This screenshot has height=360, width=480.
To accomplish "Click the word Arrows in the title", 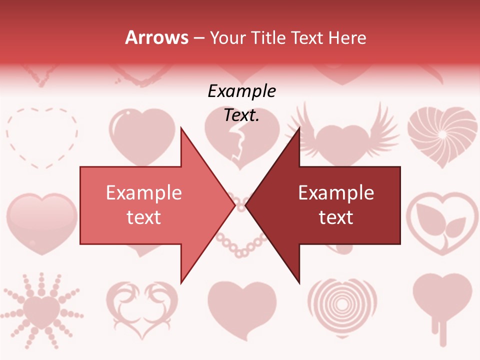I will (x=157, y=37).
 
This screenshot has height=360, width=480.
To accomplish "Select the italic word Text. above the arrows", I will (x=241, y=115).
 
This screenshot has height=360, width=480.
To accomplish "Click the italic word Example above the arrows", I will (x=242, y=91).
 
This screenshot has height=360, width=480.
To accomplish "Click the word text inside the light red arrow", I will (x=143, y=217).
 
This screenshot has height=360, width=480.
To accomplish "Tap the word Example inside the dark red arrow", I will (x=336, y=193).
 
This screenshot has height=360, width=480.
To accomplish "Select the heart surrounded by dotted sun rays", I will (x=42, y=308).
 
